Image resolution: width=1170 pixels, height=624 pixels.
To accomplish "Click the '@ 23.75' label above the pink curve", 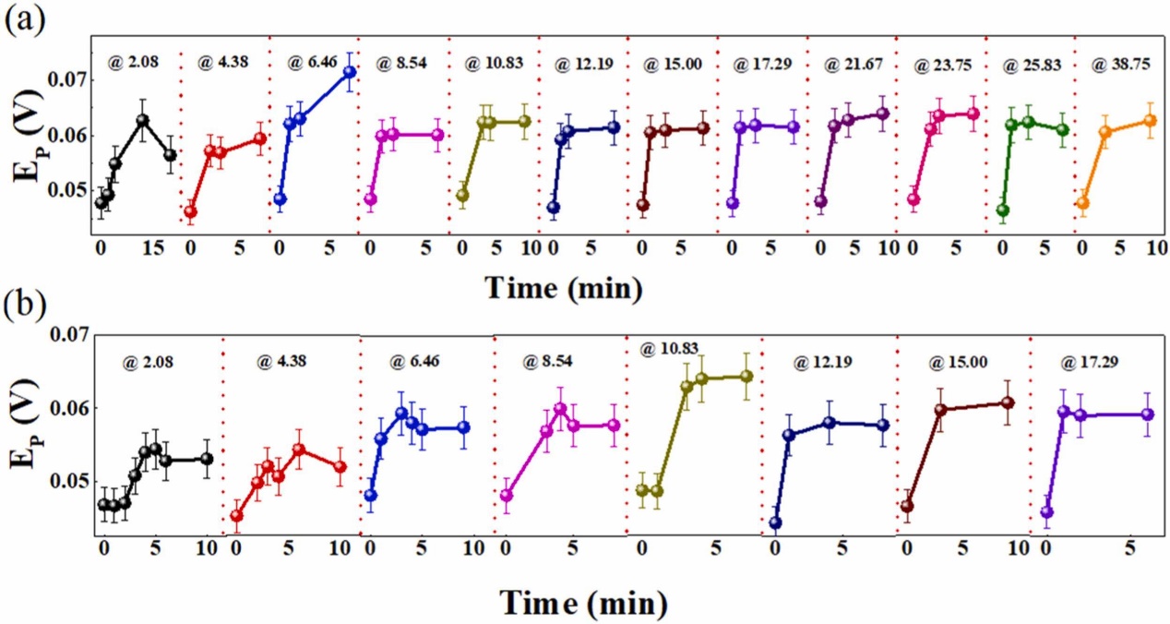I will pyautogui.click(x=937, y=66).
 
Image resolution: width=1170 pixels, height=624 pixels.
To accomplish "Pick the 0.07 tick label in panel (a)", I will pyautogui.click(x=64, y=80).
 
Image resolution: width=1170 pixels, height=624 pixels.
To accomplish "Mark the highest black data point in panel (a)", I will pyautogui.click(x=143, y=120).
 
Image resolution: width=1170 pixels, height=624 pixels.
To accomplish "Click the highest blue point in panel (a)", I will pyautogui.click(x=350, y=72).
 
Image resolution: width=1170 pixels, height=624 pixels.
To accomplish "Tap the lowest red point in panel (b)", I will pyautogui.click(x=237, y=515).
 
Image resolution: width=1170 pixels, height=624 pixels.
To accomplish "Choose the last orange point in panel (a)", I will pyautogui.click(x=1150, y=120).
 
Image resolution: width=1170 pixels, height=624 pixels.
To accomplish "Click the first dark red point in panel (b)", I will pyautogui.click(x=907, y=506).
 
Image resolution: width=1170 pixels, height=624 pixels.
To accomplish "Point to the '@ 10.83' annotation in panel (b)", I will pyautogui.click(x=675, y=348).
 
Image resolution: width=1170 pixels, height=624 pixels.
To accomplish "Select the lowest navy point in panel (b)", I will pyautogui.click(x=775, y=522).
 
